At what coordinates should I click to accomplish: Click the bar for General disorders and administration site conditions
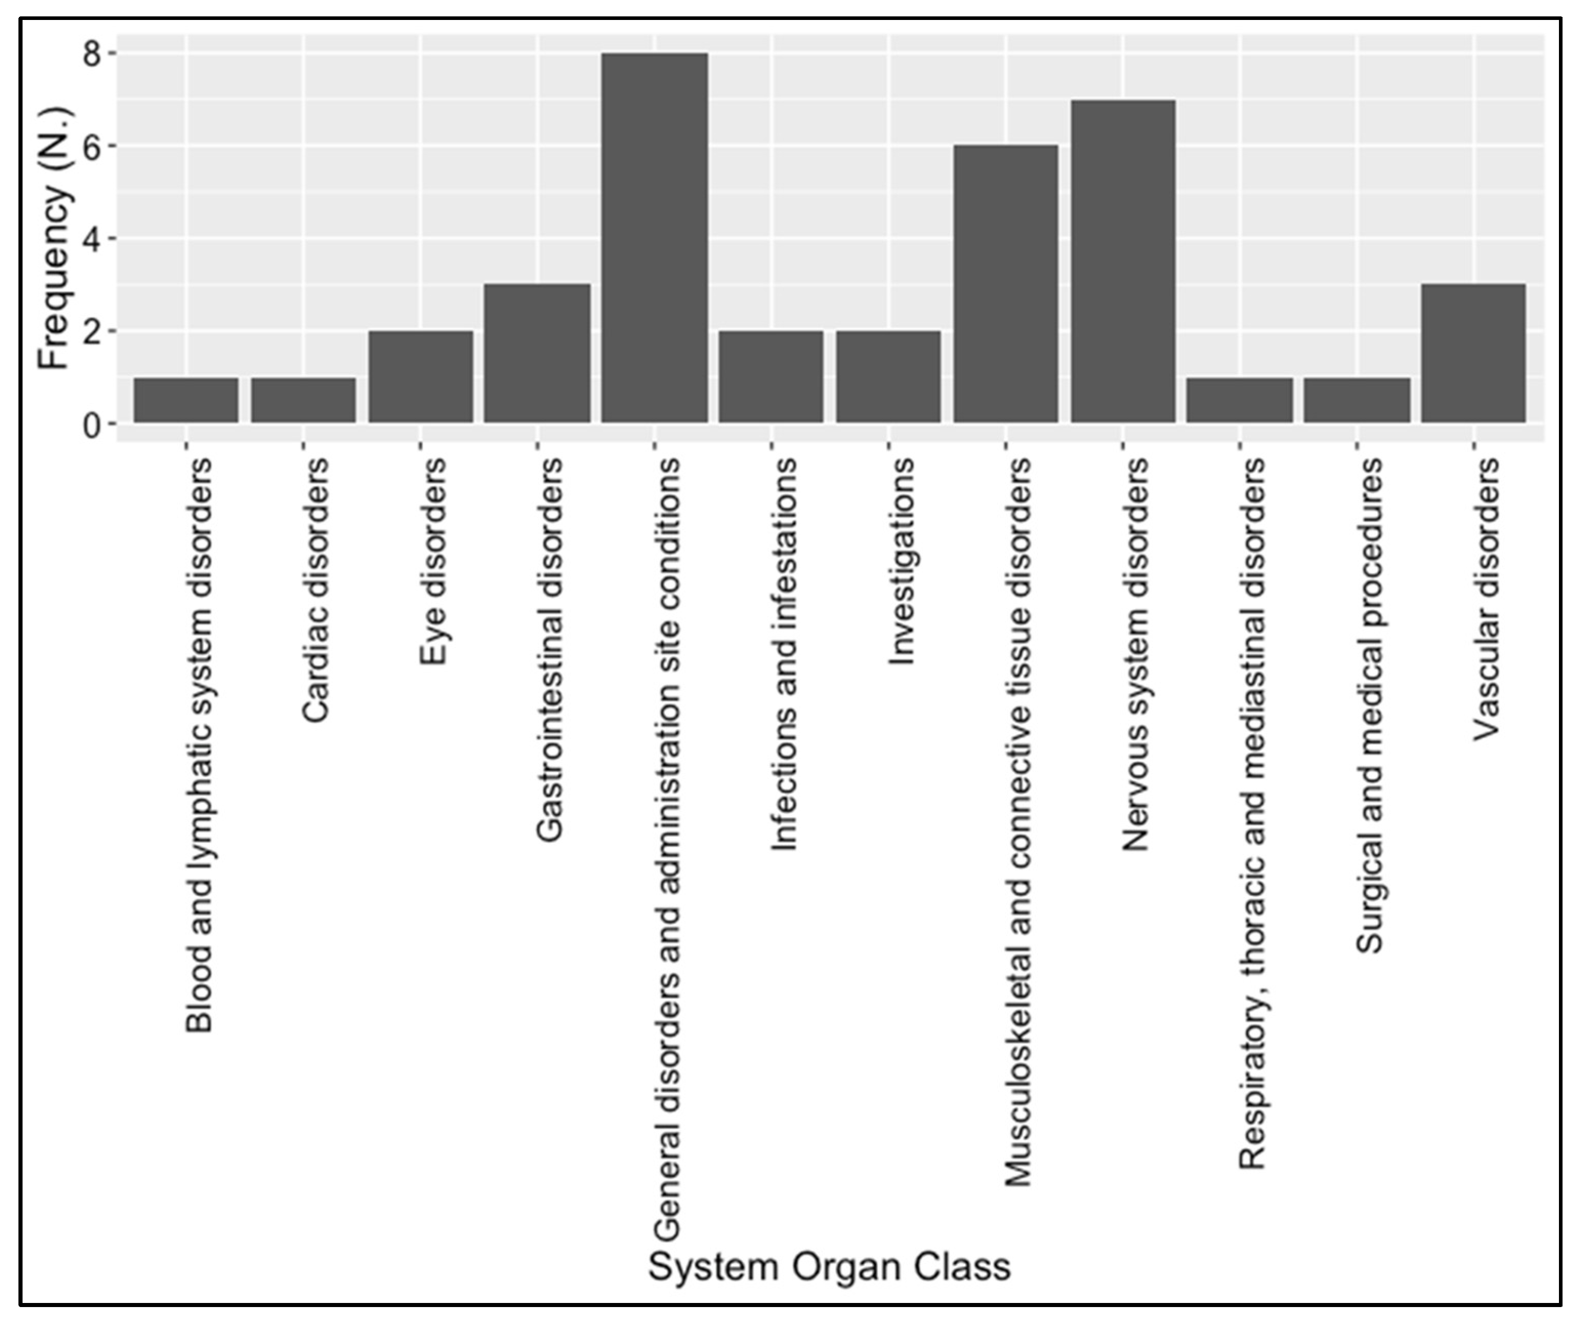click(x=654, y=238)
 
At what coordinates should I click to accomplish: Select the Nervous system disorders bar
click(x=1122, y=261)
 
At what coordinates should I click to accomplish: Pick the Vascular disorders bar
click(x=1473, y=353)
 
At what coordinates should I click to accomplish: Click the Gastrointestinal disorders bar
click(x=537, y=353)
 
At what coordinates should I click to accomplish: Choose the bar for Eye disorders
click(x=421, y=376)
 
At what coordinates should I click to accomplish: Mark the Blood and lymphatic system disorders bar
click(x=186, y=400)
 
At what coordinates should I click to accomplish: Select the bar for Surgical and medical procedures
click(x=1357, y=400)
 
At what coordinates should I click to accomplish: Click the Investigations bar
click(x=888, y=376)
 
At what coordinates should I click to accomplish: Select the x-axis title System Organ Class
click(x=829, y=1267)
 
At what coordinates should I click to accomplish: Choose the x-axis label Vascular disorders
click(x=1486, y=600)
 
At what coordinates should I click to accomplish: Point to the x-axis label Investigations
click(x=901, y=561)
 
